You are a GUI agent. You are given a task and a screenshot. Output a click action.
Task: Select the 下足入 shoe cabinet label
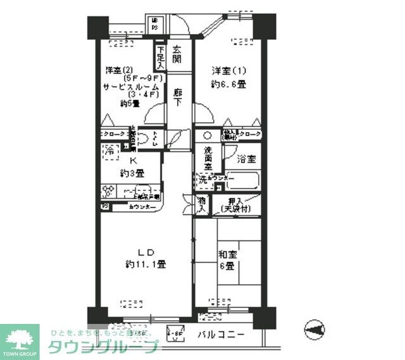tap(161, 58)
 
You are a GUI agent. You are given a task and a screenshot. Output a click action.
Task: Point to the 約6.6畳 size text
tap(229, 84)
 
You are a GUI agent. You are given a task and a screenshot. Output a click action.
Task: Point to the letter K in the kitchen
tap(133, 161)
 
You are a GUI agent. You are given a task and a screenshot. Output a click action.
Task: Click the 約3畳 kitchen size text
tap(133, 173)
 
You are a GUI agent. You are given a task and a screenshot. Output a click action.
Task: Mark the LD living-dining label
tap(145, 252)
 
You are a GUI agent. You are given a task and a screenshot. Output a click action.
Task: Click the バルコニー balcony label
tap(220, 335)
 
